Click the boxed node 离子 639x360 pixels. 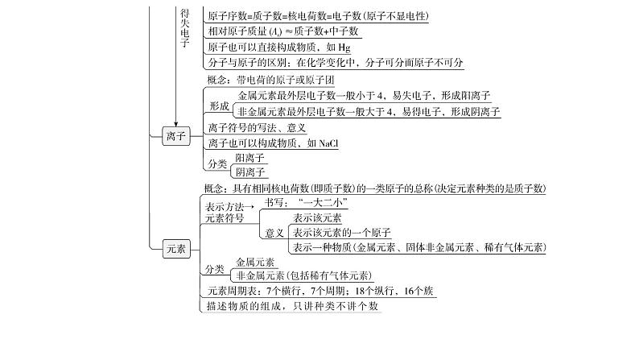click(175, 136)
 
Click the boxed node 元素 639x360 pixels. click(175, 249)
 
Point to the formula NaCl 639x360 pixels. click(328, 143)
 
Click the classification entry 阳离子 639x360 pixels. click(249, 158)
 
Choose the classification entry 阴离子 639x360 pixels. click(249, 172)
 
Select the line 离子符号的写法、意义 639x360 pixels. click(257, 127)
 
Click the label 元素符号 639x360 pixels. click(225, 218)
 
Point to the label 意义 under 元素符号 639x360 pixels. click(274, 233)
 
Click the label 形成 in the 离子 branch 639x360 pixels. click(219, 106)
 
